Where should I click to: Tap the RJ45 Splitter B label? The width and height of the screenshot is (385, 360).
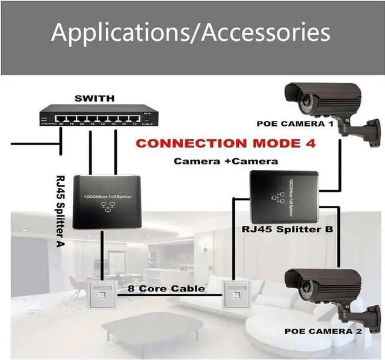pyautogui.click(x=287, y=229)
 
